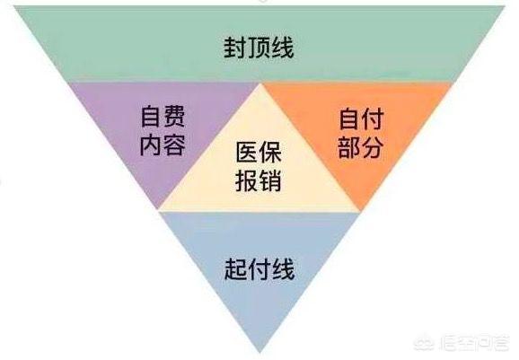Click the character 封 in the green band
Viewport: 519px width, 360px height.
tap(235, 48)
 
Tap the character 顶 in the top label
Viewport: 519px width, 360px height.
tap(259, 48)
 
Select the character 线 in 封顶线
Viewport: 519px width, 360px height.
tap(282, 48)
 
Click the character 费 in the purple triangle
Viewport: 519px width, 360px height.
tap(174, 117)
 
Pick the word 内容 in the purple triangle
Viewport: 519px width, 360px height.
tap(163, 145)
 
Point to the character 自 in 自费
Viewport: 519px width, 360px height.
tap(151, 117)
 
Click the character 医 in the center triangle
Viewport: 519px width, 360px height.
tap(247, 153)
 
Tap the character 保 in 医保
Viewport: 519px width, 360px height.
tap(270, 153)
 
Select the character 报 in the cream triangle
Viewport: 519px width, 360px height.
tap(247, 180)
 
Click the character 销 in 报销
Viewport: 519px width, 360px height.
tap(270, 180)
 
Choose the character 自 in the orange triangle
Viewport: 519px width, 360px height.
tap(349, 119)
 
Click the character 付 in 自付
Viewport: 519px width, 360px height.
tap(373, 119)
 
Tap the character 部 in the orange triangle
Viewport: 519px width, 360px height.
tap(349, 147)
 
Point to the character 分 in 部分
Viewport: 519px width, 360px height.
tap(373, 147)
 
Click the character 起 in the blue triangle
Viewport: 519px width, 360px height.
tap(236, 269)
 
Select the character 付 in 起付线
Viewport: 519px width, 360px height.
tap(259, 269)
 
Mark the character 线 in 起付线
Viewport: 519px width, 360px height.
tap(283, 269)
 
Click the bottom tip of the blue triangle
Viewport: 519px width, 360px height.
tap(260, 352)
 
